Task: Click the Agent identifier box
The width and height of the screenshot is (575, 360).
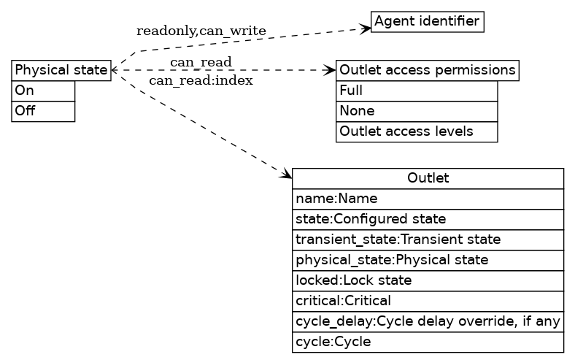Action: point(428,21)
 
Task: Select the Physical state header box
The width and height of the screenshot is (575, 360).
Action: point(61,70)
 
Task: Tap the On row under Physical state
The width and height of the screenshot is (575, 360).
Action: point(43,91)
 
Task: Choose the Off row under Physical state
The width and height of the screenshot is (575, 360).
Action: point(43,111)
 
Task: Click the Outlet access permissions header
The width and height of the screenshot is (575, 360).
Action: point(427,70)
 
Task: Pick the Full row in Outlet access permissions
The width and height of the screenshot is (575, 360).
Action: point(416,91)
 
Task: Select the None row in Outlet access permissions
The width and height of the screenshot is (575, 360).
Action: point(416,111)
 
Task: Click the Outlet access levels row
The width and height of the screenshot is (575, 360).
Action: point(416,131)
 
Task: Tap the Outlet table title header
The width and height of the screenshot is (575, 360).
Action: point(428,178)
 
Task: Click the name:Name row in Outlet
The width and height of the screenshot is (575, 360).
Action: point(428,199)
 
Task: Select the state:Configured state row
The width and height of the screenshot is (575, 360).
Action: point(428,219)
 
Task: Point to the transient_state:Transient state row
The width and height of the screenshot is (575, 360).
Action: point(428,240)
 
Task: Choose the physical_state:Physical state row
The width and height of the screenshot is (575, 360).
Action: point(428,260)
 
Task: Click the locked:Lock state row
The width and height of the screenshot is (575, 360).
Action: point(428,280)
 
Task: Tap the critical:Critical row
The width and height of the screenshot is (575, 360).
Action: point(428,301)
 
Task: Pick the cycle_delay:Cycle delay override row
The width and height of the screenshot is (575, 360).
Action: point(428,321)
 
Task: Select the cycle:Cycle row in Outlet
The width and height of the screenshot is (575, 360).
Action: point(428,342)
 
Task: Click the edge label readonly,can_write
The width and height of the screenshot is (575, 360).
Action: point(201,31)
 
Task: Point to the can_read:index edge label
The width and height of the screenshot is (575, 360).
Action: point(201,80)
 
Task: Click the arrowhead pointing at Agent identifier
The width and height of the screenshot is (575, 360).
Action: point(366,28)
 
